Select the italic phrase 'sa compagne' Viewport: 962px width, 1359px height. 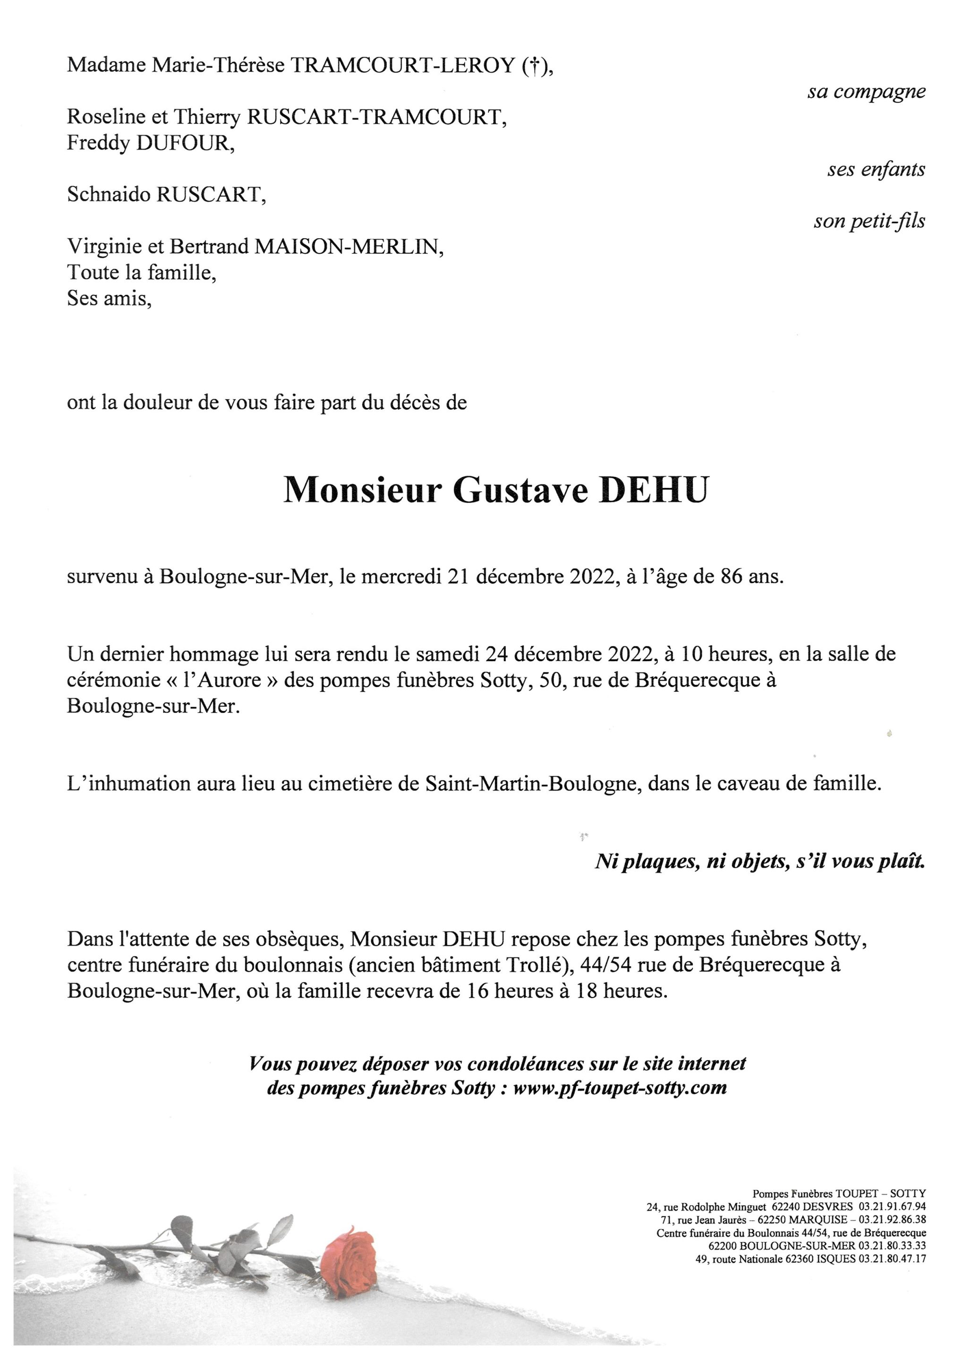click(866, 92)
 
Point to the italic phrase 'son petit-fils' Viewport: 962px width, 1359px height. click(869, 221)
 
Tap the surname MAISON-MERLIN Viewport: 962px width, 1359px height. click(349, 246)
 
